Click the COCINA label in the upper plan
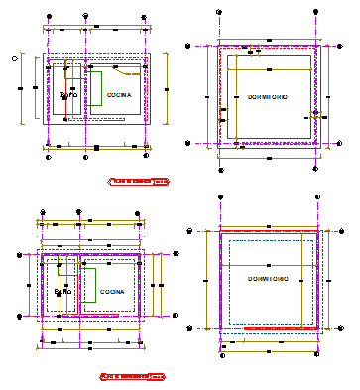click(x=119, y=95)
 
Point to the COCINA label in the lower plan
click(x=112, y=293)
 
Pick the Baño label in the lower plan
click(x=62, y=293)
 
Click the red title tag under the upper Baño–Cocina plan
click(x=138, y=182)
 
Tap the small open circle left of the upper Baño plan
click(x=14, y=59)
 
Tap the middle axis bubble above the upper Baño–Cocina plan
click(x=88, y=17)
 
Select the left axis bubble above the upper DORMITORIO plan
click(x=218, y=12)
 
